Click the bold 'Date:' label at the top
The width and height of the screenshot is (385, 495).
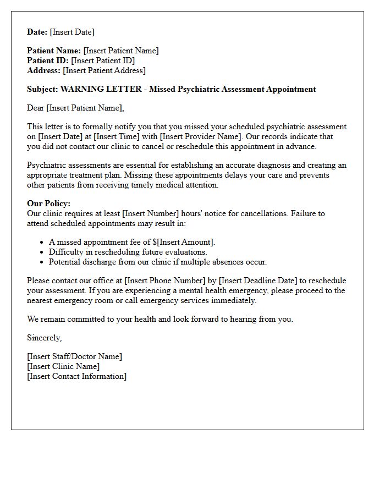37,32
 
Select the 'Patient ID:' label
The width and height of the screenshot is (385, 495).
48,61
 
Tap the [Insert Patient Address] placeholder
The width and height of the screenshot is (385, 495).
105,70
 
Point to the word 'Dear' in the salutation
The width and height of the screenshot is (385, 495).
36,108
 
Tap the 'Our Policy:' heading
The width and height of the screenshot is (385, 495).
49,204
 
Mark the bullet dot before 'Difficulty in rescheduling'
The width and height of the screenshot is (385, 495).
42,252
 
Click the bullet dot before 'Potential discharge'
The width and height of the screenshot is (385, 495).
42,262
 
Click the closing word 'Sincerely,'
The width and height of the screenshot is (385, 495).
45,338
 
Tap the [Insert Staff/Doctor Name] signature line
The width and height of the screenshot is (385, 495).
75,356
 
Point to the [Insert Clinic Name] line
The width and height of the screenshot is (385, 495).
63,366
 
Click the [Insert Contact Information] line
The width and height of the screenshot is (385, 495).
76,376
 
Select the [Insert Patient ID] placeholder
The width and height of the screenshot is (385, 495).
103,61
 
